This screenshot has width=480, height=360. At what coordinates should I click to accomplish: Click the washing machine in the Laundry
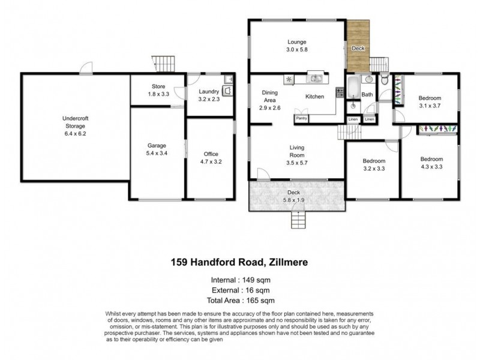[x=228, y=91]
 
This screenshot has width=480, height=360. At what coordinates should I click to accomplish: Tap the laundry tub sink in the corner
[x=228, y=78]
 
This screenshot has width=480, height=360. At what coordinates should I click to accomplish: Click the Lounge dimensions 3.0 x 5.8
[x=296, y=49]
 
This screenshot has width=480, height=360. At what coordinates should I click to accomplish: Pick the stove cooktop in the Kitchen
[x=339, y=92]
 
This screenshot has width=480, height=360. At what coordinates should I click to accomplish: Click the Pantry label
[x=301, y=119]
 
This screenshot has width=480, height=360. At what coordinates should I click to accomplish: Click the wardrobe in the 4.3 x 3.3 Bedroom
[x=437, y=128]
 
